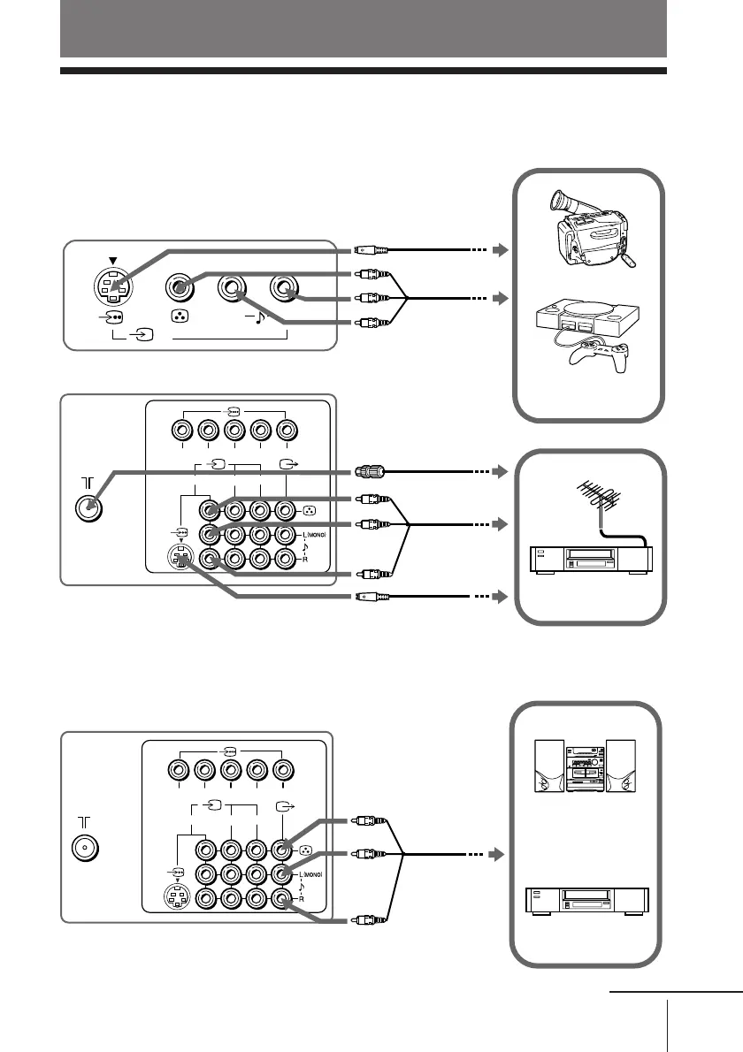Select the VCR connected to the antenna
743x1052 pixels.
pyautogui.click(x=588, y=559)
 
